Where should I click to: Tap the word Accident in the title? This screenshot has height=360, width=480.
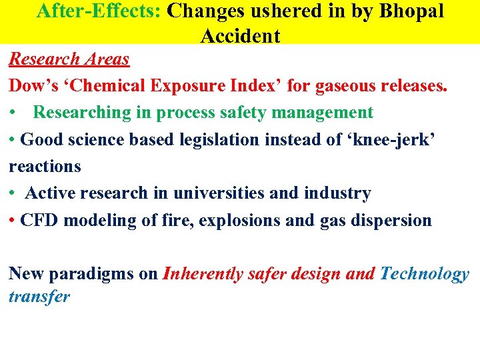240,35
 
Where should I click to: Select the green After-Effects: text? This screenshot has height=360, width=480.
100,11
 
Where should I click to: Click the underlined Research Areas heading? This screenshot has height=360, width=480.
69,59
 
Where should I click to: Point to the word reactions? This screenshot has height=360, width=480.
45,166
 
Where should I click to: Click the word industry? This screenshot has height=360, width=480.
337,193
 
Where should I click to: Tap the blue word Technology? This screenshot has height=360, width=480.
425,274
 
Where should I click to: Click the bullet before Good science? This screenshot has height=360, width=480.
13,139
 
